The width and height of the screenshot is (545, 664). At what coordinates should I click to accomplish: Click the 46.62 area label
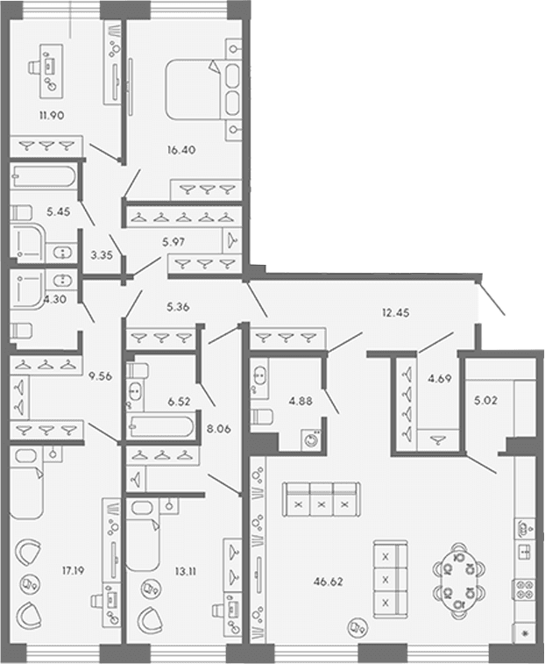point(329,582)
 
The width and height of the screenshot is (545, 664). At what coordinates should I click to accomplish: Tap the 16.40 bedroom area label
point(181,150)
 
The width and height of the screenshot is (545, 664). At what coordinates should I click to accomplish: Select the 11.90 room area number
point(52,115)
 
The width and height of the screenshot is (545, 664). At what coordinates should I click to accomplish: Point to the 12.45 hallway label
point(396,313)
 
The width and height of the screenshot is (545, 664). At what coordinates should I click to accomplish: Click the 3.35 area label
point(102,255)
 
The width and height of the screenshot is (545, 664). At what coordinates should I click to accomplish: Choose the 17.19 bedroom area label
point(74,571)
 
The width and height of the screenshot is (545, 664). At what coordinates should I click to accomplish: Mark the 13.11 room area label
point(186,572)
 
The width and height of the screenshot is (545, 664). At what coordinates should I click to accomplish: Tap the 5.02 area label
point(485,400)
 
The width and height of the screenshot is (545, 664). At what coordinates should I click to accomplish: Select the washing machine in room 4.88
point(311,439)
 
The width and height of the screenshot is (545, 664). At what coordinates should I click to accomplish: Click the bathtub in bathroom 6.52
point(161,427)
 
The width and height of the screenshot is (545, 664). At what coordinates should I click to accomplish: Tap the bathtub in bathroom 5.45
point(44,176)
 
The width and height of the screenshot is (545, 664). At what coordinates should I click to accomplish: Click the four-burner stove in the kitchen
point(524,589)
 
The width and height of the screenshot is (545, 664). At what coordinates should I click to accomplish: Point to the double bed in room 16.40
point(203,89)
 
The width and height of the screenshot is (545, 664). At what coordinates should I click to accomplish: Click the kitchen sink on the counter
point(524,552)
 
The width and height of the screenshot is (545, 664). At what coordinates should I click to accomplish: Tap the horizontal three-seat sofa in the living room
point(322,499)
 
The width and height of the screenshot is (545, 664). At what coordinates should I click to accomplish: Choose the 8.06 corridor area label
point(219,429)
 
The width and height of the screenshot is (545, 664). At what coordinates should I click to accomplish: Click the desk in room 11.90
point(52,71)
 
